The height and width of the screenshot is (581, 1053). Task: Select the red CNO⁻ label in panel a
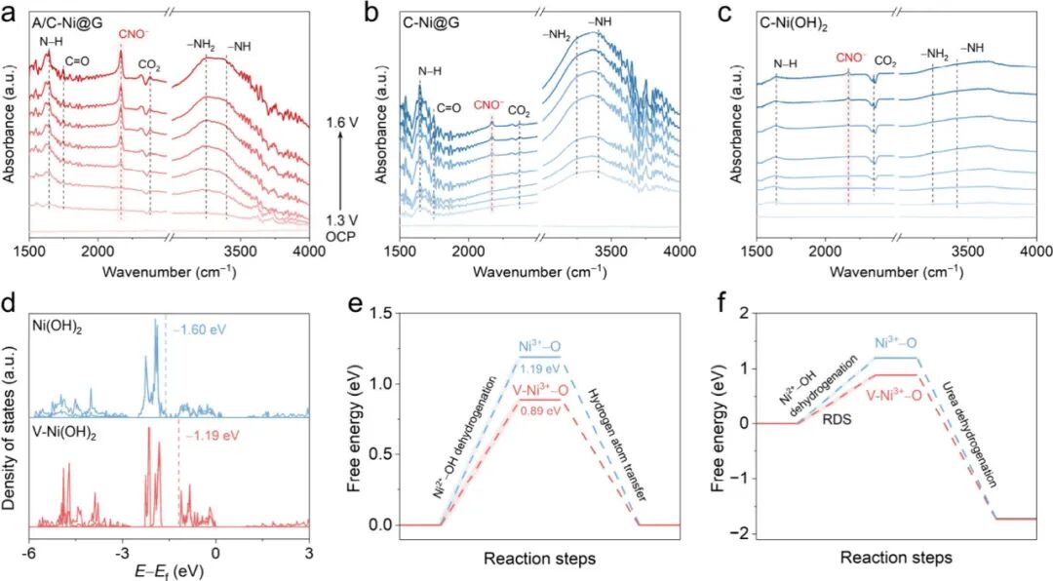[134, 34]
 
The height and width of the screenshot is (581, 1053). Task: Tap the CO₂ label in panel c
[884, 58]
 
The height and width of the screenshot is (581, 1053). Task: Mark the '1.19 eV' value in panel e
[538, 370]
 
